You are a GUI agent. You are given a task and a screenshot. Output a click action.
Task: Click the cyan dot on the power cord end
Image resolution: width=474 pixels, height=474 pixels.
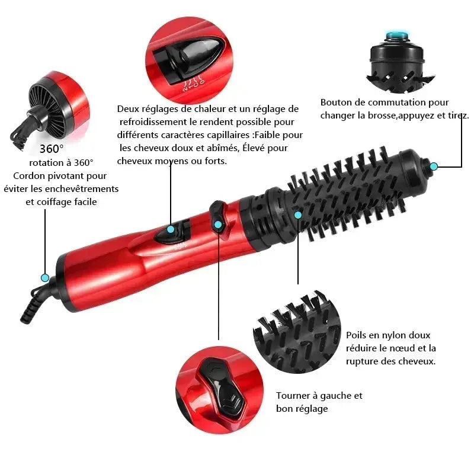pos(44,277)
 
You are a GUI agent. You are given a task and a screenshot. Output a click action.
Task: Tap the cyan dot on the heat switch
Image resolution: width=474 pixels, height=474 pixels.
pos(171,229)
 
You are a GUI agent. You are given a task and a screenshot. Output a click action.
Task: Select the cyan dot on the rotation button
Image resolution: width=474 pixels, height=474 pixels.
pos(218,225)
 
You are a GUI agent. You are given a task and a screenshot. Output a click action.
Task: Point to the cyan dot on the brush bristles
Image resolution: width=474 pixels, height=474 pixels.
pos(298,214)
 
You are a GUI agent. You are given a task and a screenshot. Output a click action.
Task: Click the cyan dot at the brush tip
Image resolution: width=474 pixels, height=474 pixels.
pos(434,166)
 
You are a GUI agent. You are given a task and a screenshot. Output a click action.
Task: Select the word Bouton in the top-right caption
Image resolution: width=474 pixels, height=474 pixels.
pos(335,103)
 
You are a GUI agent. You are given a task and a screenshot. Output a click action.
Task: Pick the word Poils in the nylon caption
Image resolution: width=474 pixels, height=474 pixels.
pos(357,335)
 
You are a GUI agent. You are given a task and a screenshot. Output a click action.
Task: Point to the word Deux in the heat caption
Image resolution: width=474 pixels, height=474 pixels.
pos(127,108)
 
